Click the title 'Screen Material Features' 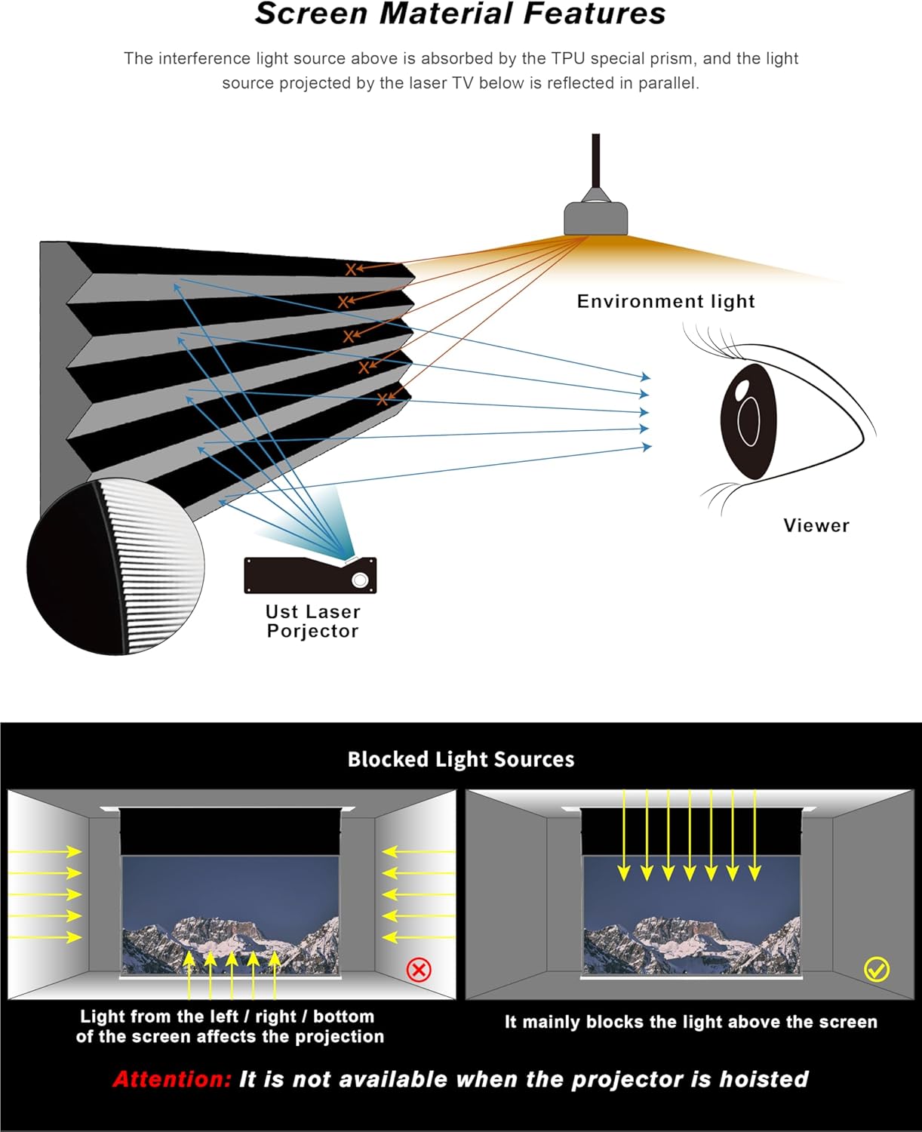460,14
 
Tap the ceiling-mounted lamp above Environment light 596,217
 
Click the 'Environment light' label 665,301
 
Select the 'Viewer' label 816,525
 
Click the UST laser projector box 309,575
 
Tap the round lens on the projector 361,580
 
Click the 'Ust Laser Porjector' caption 312,621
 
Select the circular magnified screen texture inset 115,566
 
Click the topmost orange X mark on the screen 351,269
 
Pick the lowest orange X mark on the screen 383,398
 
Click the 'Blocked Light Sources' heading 460,759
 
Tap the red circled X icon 419,969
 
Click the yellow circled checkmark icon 877,969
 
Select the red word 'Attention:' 172,1079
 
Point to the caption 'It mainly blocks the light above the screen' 690,1022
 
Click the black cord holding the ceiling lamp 596,162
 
